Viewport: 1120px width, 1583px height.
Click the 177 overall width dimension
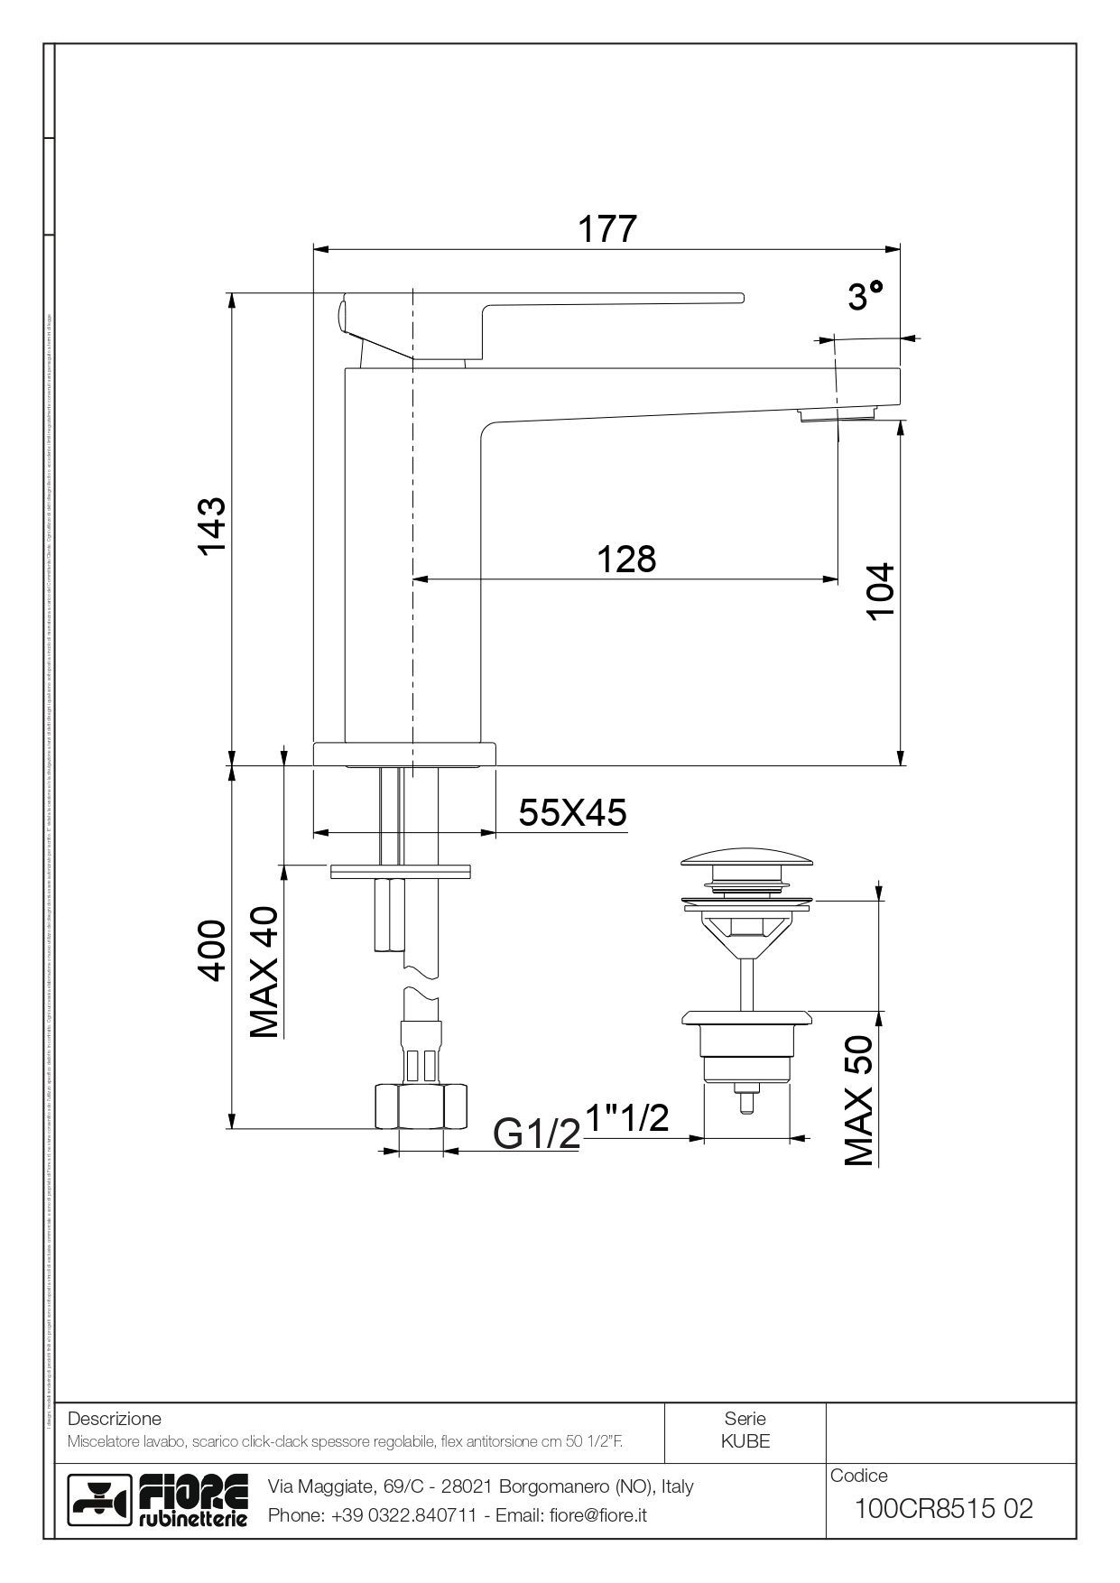[606, 228]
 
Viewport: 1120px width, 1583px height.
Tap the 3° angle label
[865, 295]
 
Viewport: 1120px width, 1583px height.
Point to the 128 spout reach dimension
[626, 559]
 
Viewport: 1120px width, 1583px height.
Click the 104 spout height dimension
[880, 590]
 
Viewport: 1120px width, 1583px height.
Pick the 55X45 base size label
[572, 813]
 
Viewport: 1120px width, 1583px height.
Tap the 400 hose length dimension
[211, 949]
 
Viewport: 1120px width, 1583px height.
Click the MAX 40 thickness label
[264, 972]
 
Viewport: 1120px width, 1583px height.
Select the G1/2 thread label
[536, 1134]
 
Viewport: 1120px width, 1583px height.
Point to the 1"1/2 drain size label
[628, 1118]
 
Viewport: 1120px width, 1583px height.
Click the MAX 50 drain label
[858, 1100]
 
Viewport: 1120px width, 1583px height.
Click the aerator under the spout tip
[837, 414]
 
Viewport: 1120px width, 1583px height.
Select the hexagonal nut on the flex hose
[421, 1106]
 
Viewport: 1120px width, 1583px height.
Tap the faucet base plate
[404, 754]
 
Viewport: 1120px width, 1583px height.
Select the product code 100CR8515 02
[943, 1508]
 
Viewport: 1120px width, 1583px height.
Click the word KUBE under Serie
[745, 1441]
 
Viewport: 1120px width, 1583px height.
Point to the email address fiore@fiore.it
[597, 1516]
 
